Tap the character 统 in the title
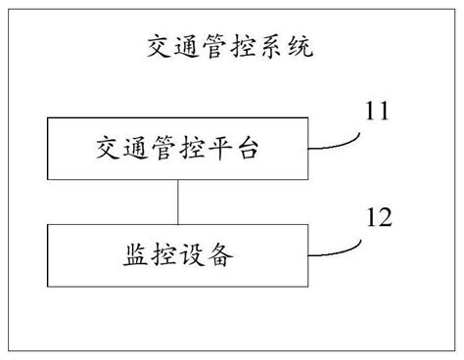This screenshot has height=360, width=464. coord(301,46)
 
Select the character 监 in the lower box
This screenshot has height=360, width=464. coord(138,255)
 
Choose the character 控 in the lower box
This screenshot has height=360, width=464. coord(164,255)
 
